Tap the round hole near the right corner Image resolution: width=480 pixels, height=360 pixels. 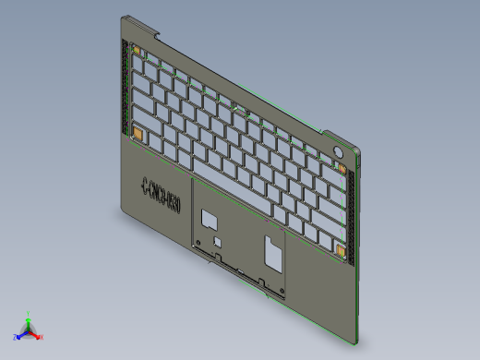click(338, 150)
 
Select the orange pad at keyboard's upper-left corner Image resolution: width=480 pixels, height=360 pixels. click(137, 52)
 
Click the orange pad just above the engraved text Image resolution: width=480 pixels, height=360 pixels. click(137, 135)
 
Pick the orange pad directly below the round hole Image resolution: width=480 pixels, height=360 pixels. click(341, 169)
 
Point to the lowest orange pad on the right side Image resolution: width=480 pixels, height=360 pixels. click(341, 250)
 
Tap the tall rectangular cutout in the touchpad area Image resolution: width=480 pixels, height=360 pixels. click(272, 249)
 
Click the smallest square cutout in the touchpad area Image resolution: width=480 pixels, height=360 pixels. click(218, 240)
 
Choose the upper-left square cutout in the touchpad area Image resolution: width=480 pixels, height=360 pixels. click(210, 219)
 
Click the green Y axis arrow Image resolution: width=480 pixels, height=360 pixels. click(29, 318)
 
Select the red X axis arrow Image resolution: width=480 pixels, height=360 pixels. click(36, 334)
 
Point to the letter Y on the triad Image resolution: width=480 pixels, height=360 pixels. click(30, 312)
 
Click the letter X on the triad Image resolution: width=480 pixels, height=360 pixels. click(42, 337)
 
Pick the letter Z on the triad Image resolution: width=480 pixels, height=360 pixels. click(16, 337)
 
